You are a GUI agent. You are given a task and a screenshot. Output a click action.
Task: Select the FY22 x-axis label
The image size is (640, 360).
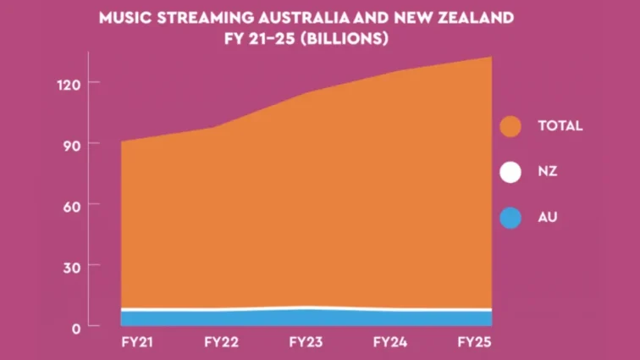pos(222,342)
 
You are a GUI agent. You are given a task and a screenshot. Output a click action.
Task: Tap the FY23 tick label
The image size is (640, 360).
pos(306,342)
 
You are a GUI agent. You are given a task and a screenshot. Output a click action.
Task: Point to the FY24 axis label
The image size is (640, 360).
pos(391,342)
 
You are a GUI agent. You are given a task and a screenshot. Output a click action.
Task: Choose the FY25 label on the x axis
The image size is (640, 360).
pos(474,342)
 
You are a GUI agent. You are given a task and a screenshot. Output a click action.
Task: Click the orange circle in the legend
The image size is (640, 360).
pos(510,126)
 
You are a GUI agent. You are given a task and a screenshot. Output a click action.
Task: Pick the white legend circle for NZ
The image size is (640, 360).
pos(510,172)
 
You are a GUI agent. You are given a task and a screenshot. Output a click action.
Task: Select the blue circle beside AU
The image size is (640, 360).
pos(510,218)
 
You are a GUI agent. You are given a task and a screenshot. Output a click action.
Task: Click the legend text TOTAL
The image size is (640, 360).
pos(560,126)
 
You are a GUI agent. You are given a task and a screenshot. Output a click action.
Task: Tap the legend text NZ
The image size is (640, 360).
pos(548,172)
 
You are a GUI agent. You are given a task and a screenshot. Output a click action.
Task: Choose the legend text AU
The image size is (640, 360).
pos(548,218)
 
